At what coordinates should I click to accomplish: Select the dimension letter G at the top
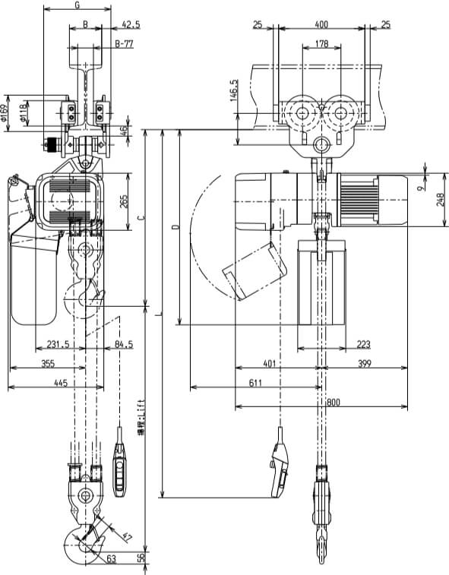click(77, 5)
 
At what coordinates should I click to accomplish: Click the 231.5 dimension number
click(57, 344)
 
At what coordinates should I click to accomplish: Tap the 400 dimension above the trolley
click(323, 25)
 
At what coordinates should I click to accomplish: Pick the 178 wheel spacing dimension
click(322, 45)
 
